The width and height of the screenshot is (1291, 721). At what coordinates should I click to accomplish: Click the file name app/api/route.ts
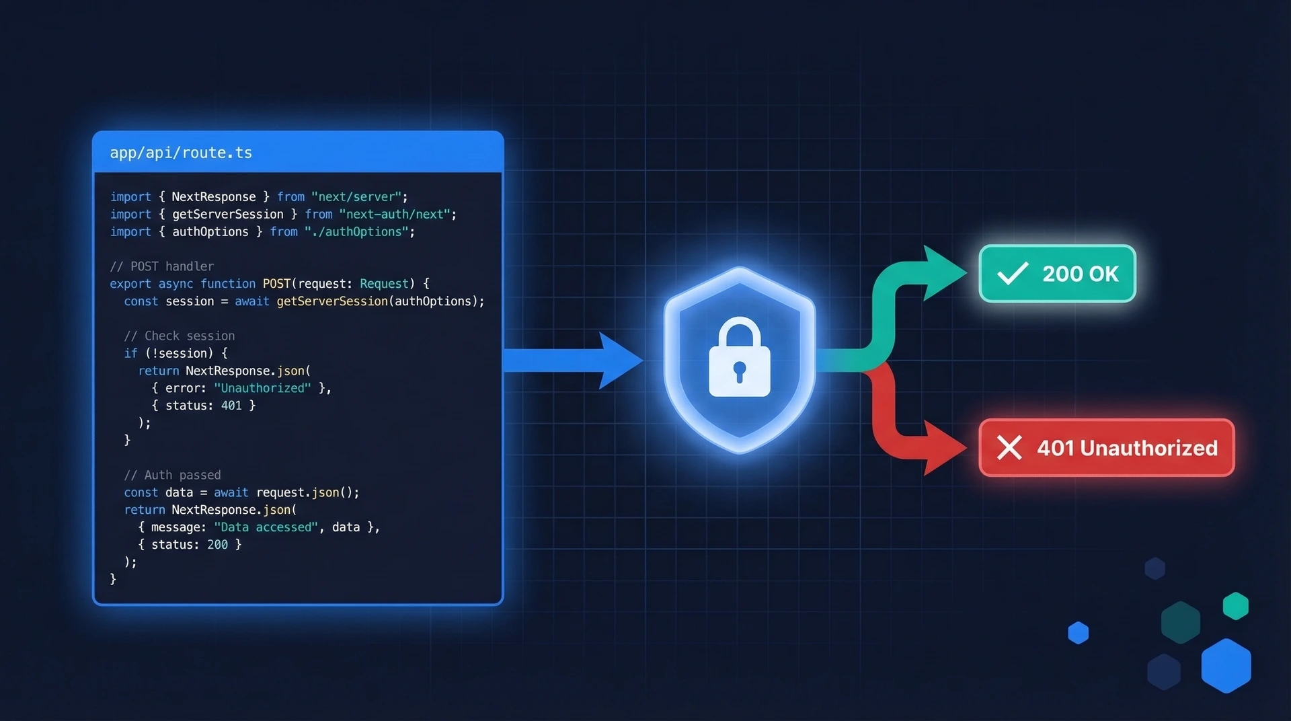pos(181,153)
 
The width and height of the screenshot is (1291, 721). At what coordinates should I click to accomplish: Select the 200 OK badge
pos(1057,274)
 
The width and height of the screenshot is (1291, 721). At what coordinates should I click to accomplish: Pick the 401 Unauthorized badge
pos(1106,448)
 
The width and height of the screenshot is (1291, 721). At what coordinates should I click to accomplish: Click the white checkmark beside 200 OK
pos(1012,273)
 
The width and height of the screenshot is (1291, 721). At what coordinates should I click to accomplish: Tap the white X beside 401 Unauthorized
pos(1009,447)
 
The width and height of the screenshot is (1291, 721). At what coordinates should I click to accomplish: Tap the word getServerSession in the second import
pos(227,215)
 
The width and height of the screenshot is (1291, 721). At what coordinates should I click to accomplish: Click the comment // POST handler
pos(162,266)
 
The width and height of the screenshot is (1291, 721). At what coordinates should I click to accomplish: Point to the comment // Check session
pos(180,336)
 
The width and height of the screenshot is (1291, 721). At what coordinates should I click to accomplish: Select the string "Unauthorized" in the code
pos(262,388)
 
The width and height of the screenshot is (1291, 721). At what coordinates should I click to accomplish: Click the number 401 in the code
pos(231,406)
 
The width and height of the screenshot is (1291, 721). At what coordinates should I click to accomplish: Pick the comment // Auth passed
pos(172,475)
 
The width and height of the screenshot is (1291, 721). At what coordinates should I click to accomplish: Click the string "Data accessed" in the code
pos(266,527)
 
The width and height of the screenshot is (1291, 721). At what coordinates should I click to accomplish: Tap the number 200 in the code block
pos(217,545)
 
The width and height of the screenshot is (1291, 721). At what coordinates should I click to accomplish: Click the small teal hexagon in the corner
pos(1235,606)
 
